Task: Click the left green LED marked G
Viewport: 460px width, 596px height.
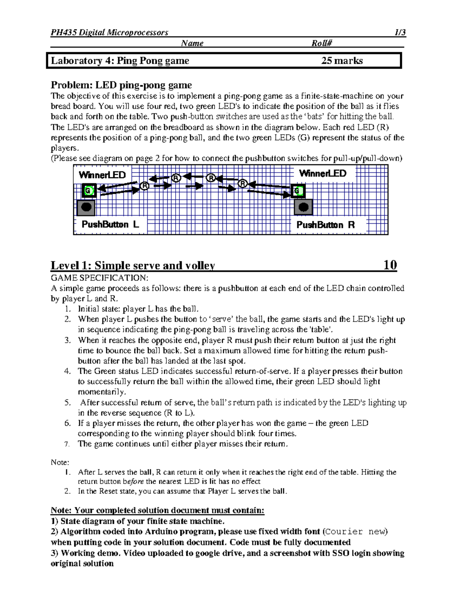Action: coord(89,190)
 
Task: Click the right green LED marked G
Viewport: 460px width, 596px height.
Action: coord(297,190)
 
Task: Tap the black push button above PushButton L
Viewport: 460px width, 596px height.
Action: coord(86,208)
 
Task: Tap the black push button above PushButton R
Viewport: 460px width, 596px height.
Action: coord(303,208)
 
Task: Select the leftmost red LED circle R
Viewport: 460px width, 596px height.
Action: coord(145,186)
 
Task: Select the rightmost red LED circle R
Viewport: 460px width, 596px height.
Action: coord(242,183)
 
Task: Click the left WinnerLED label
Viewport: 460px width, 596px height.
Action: coord(102,175)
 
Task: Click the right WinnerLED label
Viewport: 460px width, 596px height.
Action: coord(322,173)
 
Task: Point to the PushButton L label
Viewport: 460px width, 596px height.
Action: coord(110,225)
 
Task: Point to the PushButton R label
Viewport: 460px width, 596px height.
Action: coord(325,225)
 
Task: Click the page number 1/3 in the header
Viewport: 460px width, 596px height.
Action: coord(400,32)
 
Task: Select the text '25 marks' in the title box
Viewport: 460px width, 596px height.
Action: coord(342,61)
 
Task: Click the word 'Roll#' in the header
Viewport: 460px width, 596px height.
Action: coord(321,43)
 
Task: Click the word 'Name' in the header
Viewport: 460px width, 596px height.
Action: coord(192,43)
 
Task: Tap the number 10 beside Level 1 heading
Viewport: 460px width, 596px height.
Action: coord(390,265)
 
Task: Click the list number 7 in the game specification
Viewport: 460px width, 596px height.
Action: coord(67,444)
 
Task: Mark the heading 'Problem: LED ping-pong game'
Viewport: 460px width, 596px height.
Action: coord(121,85)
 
